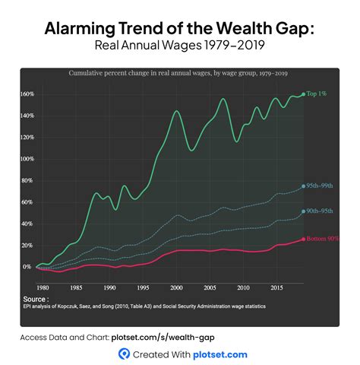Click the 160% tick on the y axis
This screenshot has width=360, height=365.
[29, 94]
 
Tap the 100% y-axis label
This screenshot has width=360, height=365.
[29, 159]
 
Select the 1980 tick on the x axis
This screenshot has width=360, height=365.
[43, 287]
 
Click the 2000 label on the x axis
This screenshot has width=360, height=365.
[176, 287]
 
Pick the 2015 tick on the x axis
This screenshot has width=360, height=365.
[276, 287]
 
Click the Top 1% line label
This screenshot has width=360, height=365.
[318, 94]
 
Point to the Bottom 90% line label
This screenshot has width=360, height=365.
[322, 239]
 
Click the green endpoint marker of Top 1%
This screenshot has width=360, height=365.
[303, 94]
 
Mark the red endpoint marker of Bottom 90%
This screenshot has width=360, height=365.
[303, 239]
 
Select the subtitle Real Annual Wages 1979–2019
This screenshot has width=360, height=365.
[179, 46]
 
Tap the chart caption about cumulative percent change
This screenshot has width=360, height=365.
[179, 74]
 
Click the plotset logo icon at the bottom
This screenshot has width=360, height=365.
[122, 354]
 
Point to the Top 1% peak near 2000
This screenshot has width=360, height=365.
[176, 111]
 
